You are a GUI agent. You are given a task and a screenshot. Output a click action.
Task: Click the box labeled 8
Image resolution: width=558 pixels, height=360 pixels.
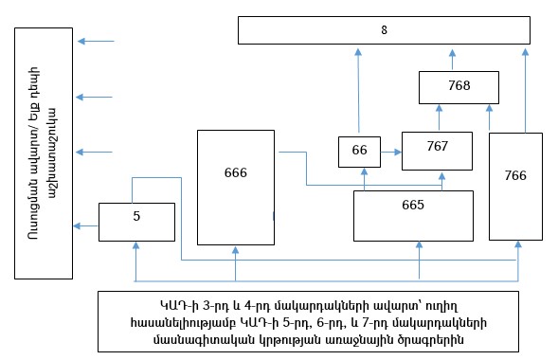coord(383,29)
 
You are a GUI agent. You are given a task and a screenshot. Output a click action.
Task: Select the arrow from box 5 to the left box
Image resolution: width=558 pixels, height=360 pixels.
coord(87,225)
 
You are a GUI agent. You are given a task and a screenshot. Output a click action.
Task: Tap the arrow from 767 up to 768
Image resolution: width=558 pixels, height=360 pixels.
coord(439,118)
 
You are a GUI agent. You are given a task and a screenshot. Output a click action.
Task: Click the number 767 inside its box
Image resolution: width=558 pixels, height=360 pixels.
coord(437,148)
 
